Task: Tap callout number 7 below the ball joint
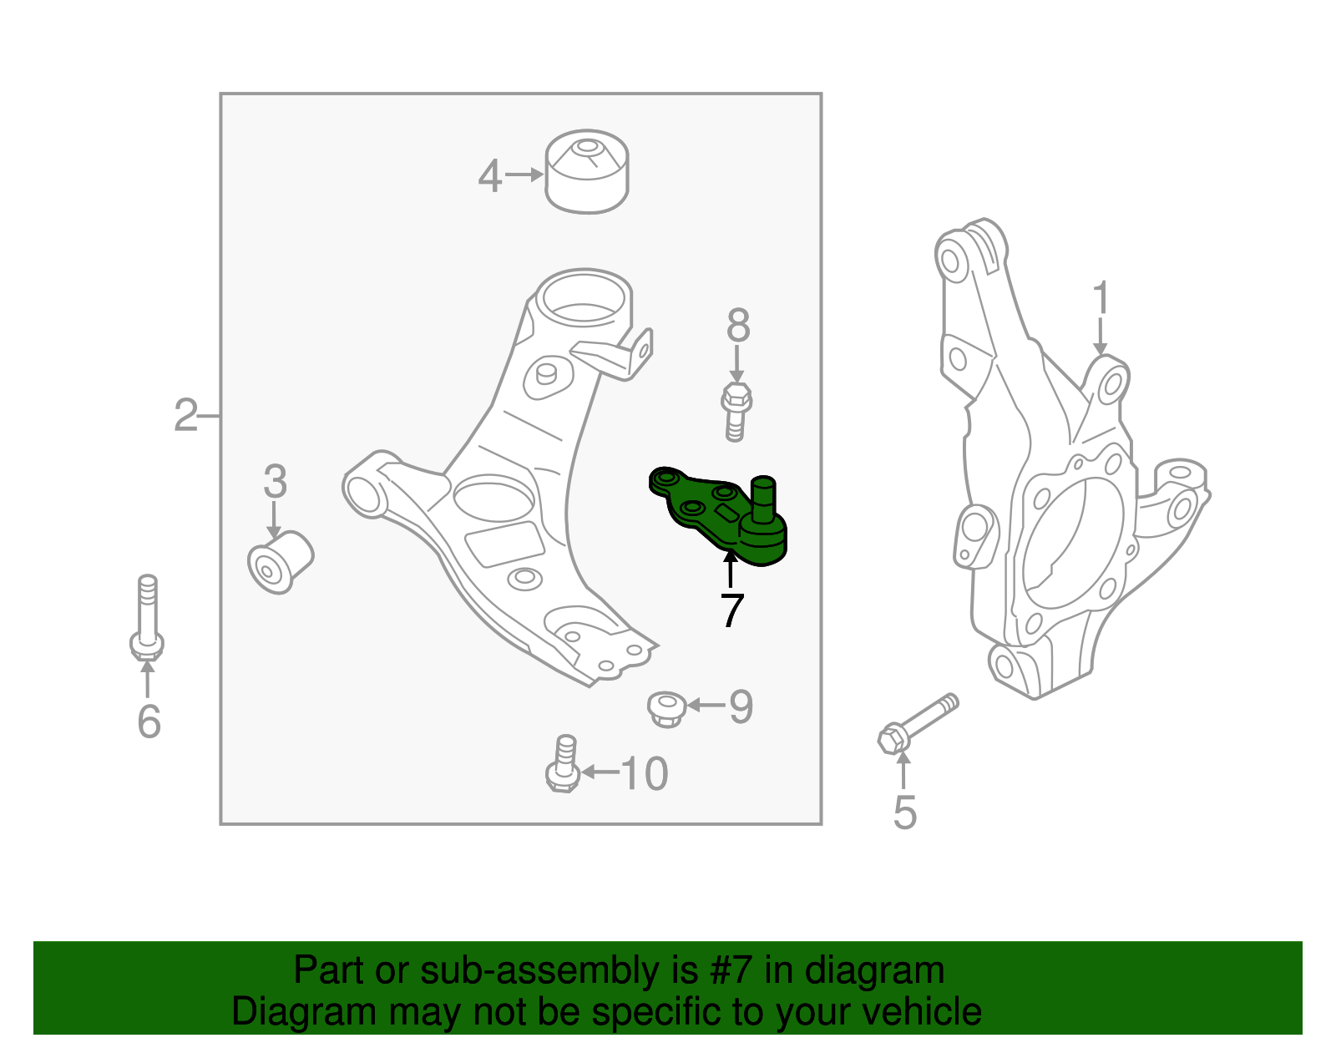731,611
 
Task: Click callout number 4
490,176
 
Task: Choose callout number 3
275,483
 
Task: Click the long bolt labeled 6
147,618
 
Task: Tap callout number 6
149,721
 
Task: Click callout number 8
738,327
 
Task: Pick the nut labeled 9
666,708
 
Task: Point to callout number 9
741,706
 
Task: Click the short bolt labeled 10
564,762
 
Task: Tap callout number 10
644,774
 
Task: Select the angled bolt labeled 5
918,721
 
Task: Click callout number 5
904,813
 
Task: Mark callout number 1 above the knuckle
1101,299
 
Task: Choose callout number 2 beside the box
185,415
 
